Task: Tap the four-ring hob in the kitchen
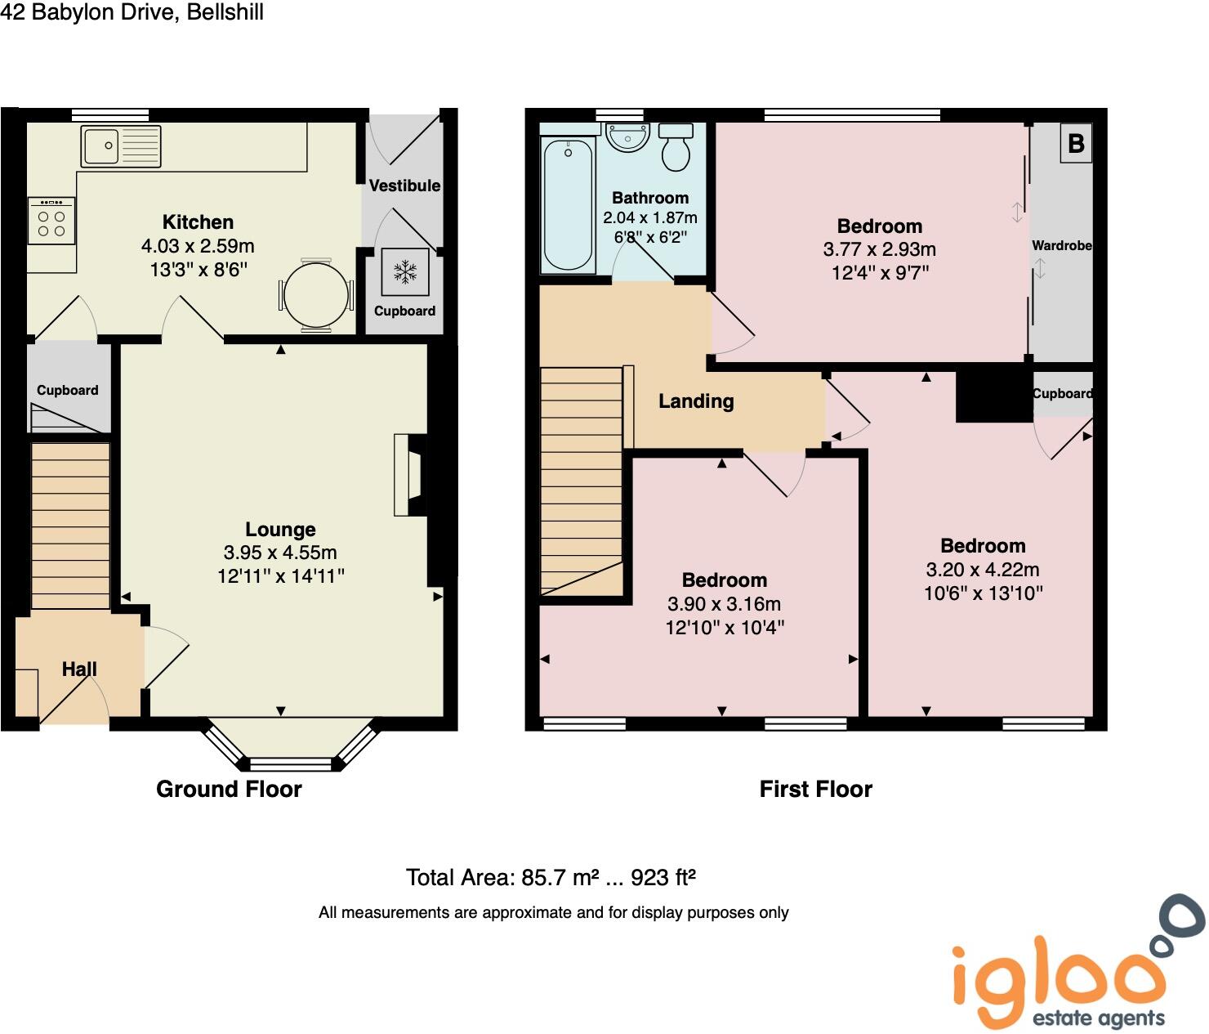(51, 221)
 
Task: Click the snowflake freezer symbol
(404, 272)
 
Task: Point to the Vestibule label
(404, 186)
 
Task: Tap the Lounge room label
(280, 530)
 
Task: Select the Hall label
(79, 669)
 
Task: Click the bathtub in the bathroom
(568, 204)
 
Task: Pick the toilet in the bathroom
(676, 147)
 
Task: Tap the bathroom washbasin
(627, 137)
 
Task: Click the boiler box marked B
(1076, 144)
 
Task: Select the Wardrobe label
(1061, 245)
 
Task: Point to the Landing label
(696, 401)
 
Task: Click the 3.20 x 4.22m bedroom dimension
(983, 570)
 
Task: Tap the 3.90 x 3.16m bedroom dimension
(724, 604)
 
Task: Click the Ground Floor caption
(229, 789)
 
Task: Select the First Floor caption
(815, 789)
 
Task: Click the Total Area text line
(551, 878)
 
